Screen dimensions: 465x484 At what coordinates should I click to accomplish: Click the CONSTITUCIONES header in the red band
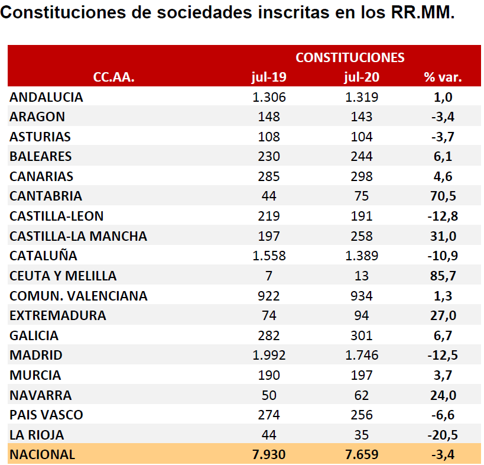pyautogui.click(x=350, y=57)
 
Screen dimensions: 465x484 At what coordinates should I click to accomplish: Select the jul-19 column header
pyautogui.click(x=269, y=77)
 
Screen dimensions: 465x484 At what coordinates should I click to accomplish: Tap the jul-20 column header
pyautogui.click(x=361, y=77)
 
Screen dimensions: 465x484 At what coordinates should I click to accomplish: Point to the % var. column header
pyautogui.click(x=443, y=77)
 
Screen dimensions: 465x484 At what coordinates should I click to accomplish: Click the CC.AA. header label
pyautogui.click(x=114, y=77)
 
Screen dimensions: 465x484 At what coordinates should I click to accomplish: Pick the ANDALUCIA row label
pyautogui.click(x=46, y=97)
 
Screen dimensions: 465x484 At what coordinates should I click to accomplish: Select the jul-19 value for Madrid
pyautogui.click(x=269, y=356)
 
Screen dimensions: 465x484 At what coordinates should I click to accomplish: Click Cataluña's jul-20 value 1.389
pyautogui.click(x=361, y=256)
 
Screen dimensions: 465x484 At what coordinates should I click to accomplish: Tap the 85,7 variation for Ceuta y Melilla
pyautogui.click(x=443, y=276)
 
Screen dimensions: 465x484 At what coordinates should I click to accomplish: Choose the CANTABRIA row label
pyautogui.click(x=46, y=196)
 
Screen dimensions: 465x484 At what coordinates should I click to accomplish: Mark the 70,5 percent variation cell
pyautogui.click(x=443, y=196)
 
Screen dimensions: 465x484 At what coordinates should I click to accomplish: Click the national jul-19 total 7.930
pyautogui.click(x=269, y=454)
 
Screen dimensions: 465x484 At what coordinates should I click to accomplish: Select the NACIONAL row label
pyautogui.click(x=43, y=454)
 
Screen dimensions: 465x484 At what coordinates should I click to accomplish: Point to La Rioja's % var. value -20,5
pyautogui.click(x=443, y=435)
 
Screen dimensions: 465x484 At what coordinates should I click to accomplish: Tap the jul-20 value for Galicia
pyautogui.click(x=361, y=335)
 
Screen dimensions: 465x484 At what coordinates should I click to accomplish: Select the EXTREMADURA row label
pyautogui.click(x=58, y=315)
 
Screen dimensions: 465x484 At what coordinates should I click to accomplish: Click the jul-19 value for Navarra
pyautogui.click(x=269, y=395)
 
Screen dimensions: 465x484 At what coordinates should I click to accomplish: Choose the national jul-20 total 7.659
pyautogui.click(x=361, y=454)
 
